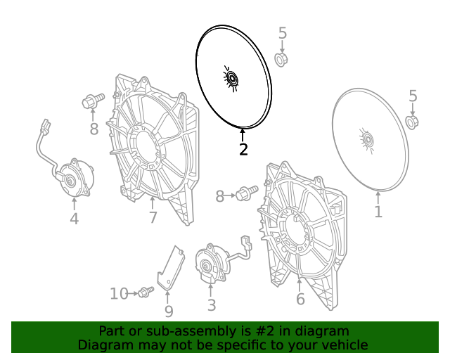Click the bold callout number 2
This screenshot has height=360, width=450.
tap(243, 149)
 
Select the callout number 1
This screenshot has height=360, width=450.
tap(378, 212)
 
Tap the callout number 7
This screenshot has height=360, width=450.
tap(153, 217)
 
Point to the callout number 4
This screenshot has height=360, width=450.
tap(74, 219)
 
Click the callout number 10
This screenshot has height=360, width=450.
tap(119, 294)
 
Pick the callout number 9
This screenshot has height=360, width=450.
tap(169, 311)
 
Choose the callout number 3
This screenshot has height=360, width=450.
tap(212, 305)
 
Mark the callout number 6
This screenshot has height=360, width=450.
tap(300, 299)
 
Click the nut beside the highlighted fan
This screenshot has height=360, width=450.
tap(281, 60)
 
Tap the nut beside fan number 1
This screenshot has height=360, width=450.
tap(412, 122)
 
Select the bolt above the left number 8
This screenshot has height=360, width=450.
tap(93, 100)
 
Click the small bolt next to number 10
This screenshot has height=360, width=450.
tap(146, 292)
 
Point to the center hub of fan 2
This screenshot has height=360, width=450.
tap(231, 78)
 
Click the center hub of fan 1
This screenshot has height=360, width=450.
tap(368, 140)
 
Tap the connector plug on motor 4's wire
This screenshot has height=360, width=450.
tap(46, 125)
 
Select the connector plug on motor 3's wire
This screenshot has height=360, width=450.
tap(246, 243)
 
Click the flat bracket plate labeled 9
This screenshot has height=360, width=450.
tap(170, 268)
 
